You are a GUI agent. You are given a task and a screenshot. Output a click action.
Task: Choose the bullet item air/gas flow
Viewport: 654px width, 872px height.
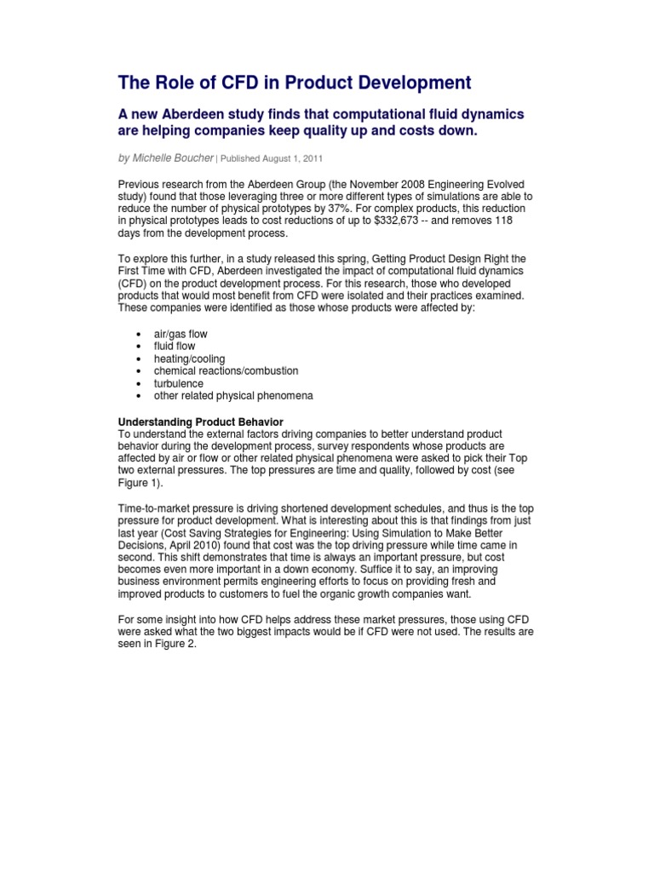pos(180,334)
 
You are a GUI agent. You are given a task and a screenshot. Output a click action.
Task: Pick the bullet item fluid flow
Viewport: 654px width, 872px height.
pos(174,347)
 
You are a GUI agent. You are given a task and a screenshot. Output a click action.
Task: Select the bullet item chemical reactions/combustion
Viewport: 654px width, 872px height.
pos(226,371)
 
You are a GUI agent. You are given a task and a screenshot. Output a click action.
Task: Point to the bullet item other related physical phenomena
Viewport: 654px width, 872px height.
pos(233,396)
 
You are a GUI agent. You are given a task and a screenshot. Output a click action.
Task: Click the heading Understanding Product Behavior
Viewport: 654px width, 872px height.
pos(200,422)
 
